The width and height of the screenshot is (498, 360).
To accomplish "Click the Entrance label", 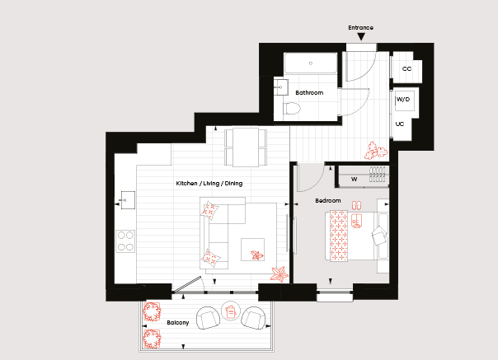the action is click(x=360, y=28).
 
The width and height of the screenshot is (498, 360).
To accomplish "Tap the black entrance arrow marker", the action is click(x=361, y=37).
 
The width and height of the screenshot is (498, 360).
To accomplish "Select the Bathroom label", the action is click(x=309, y=93).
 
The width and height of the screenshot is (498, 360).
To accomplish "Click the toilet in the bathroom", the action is click(x=292, y=109).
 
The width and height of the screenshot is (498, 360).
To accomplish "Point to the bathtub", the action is click(x=311, y=63).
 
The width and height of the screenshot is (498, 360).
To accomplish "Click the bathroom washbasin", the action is click(x=281, y=87).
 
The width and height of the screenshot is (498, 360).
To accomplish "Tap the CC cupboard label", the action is click(x=406, y=69).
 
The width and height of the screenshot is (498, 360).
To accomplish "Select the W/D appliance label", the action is click(x=403, y=100).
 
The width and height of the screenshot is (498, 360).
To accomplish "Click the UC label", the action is click(x=400, y=124).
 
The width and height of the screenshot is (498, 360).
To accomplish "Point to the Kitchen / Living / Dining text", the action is click(x=209, y=184).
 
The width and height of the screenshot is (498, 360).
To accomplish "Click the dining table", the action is click(x=246, y=147).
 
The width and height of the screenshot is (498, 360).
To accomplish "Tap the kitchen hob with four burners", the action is click(x=125, y=241).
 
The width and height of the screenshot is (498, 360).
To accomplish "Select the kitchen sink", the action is click(x=127, y=200).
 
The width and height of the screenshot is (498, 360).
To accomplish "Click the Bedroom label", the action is click(x=328, y=201).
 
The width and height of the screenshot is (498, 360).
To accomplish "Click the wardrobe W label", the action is click(x=355, y=179).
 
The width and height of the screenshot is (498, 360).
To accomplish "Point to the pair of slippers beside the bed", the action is click(x=356, y=205).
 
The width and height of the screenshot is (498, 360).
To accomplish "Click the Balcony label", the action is click(x=178, y=323).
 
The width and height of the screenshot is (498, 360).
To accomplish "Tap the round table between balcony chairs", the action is click(x=231, y=311).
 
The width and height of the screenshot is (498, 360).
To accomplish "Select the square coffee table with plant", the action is click(x=253, y=250).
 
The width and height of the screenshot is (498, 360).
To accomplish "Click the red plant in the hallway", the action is click(x=376, y=150).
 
